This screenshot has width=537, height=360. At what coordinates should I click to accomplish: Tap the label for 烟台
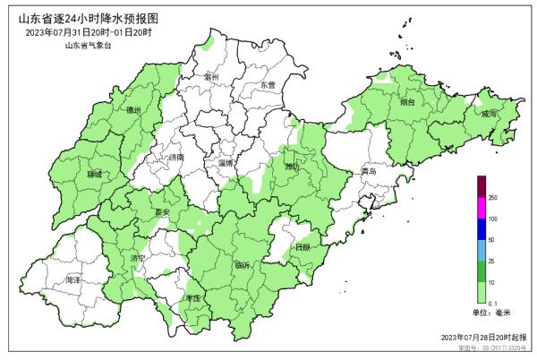pos(407,102)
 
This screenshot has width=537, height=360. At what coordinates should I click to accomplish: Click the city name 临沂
pos(242,265)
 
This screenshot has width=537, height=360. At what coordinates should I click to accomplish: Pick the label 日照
pos(303,246)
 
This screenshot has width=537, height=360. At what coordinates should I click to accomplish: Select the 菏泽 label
pos(73,280)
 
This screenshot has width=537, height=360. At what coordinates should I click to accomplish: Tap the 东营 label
pos(269,85)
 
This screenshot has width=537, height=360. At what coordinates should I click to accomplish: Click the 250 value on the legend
pos(493,197)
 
